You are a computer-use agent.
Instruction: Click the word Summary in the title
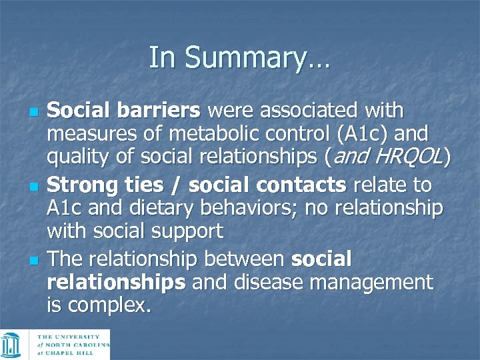pos(256,57)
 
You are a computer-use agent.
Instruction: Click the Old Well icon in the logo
pos(11,345)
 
